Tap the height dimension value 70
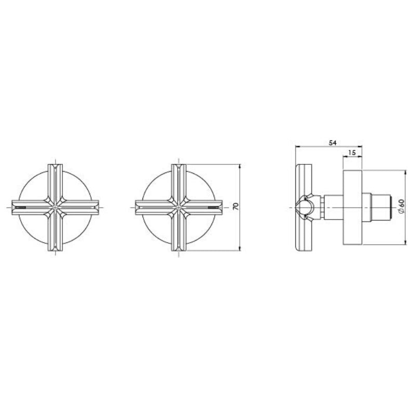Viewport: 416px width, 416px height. [x=236, y=207]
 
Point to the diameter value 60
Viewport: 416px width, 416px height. [x=401, y=207]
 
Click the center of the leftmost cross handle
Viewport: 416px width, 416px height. [x=55, y=207]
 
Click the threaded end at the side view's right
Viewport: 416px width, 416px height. [x=382, y=207]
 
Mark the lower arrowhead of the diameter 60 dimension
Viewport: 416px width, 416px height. [x=405, y=242]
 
